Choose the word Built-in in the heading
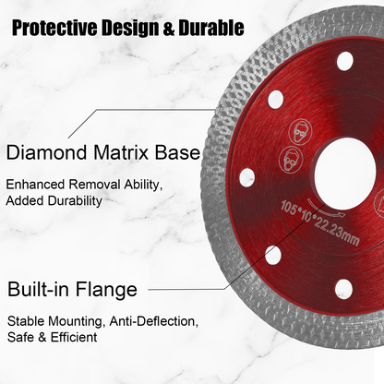[44, 290]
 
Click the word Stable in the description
[27, 321]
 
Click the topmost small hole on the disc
[345, 62]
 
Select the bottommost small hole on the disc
[343, 288]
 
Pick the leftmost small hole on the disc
[247, 177]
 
